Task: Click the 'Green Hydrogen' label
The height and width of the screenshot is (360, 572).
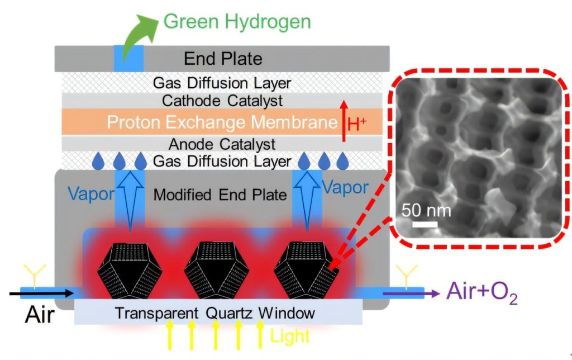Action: tap(237, 22)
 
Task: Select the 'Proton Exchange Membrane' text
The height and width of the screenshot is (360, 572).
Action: tap(222, 122)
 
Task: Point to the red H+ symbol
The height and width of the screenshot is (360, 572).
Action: tap(357, 124)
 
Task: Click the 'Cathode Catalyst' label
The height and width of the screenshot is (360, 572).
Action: tap(222, 101)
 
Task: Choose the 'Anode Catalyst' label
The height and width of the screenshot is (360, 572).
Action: tap(222, 144)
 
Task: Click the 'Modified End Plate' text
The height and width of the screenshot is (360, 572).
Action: tap(220, 195)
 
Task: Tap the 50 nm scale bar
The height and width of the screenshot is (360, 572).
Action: tap(425, 224)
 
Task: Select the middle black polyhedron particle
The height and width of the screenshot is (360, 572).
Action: tap(217, 269)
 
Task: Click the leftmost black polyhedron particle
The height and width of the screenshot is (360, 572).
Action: tap(130, 269)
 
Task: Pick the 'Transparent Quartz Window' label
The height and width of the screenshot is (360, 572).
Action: tap(215, 313)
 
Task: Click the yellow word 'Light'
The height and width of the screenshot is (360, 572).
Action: tap(290, 336)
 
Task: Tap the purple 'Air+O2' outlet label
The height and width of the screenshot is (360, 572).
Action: tap(482, 292)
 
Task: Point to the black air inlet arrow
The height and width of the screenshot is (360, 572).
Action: tap(41, 293)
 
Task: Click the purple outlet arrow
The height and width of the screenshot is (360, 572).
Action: tap(411, 293)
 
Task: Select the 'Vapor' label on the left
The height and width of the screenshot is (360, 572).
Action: tap(91, 193)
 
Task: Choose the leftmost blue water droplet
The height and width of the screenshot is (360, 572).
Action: tap(98, 162)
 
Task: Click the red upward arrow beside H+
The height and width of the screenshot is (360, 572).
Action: tap(344, 121)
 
